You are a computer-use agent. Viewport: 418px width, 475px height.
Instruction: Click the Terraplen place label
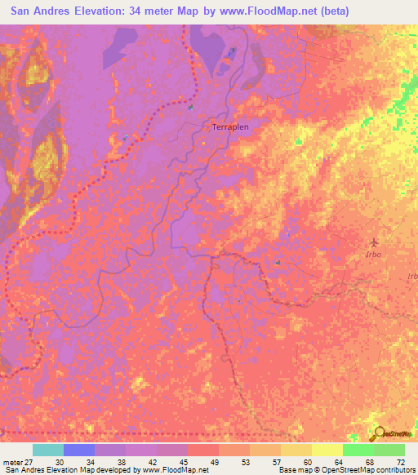(229, 127)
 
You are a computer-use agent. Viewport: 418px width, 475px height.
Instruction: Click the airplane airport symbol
(375, 242)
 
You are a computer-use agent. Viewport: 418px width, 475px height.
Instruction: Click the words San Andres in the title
(42, 11)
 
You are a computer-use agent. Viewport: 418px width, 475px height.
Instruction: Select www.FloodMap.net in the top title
(265, 11)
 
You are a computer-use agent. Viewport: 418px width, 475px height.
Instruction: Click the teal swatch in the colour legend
(47, 450)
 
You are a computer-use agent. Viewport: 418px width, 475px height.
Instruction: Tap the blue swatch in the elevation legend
(78, 450)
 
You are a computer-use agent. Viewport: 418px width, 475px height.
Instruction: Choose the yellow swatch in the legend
(327, 450)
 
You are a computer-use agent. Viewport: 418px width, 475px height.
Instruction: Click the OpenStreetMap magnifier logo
(379, 434)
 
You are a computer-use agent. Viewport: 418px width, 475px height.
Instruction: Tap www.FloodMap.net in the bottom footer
(170, 470)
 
